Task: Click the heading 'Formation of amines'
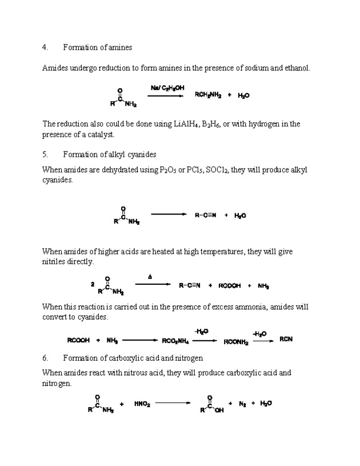97,47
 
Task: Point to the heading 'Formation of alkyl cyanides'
109,154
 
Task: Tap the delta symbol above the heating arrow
150,276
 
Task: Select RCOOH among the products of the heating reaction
231,286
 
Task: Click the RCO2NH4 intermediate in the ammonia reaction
175,340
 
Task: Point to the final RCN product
286,339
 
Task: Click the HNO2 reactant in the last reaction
142,404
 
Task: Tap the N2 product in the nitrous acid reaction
242,404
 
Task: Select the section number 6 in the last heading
45,358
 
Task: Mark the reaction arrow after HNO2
173,403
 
